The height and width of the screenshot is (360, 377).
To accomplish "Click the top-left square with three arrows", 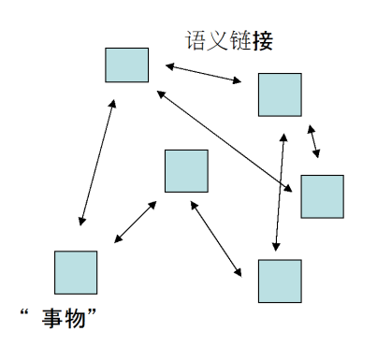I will click(126, 65).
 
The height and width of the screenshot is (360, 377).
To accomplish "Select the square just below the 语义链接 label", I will click(279, 94).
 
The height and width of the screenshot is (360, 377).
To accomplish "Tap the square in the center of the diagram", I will click(185, 170).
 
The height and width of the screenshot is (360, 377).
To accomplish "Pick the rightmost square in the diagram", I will click(322, 195).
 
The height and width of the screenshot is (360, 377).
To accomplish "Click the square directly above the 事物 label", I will click(75, 272).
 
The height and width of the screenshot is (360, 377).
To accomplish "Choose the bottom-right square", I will click(279, 281).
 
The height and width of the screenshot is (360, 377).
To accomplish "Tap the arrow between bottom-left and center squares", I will click(135, 222).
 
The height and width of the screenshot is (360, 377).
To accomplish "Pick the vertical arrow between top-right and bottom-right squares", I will click(278, 190).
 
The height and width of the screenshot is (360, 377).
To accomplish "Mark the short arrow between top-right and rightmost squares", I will click(314, 141).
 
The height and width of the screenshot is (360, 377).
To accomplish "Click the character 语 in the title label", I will click(196, 41).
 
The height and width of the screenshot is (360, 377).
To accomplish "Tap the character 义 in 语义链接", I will click(218, 41).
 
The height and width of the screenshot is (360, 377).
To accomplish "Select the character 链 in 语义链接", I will click(240, 41).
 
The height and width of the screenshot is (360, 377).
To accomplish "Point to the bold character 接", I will click(263, 41).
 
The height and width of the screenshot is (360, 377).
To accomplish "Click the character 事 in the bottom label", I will click(54, 319).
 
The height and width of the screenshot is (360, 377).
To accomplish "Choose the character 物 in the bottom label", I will click(78, 319).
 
